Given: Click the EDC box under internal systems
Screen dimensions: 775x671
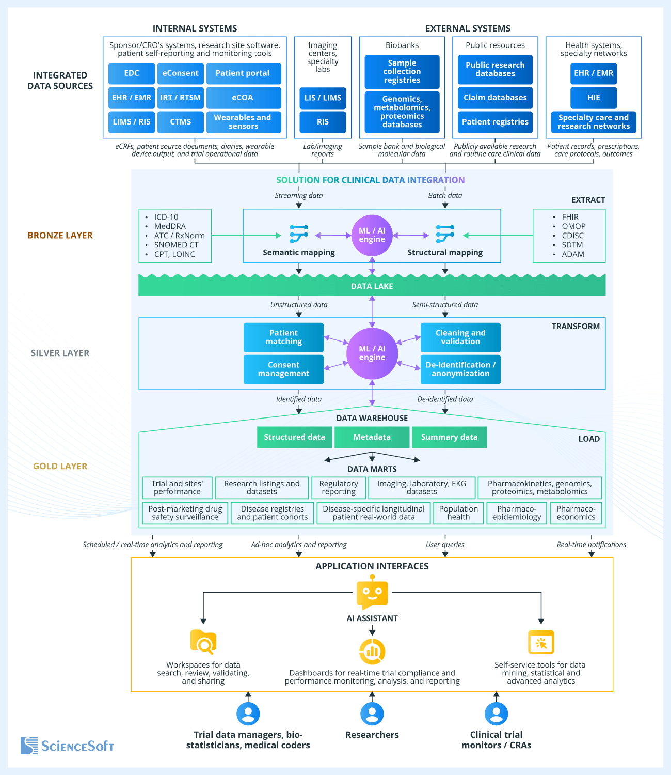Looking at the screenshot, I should [132, 73].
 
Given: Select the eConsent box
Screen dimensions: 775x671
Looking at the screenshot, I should [180, 73].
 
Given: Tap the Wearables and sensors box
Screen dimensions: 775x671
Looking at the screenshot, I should [243, 122].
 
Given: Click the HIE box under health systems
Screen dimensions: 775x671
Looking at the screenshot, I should [594, 98].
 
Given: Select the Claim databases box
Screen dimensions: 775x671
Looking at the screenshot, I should [495, 98].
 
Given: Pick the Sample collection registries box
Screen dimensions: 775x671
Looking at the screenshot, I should [402, 72].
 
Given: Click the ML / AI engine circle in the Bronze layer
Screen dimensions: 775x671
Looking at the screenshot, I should [372, 236].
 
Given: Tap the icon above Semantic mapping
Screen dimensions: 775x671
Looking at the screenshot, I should [299, 234].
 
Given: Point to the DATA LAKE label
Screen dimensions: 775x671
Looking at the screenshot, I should [372, 286].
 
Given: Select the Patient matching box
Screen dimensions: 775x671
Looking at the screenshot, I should [283, 337].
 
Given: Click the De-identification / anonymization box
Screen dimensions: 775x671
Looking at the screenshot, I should [460, 369].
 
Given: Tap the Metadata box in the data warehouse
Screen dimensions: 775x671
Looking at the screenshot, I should [372, 437].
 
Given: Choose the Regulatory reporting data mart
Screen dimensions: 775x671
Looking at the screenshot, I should [339, 488].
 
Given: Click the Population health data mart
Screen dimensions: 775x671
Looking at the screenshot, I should [458, 513].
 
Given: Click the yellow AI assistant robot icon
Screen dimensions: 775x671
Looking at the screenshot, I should [372, 594].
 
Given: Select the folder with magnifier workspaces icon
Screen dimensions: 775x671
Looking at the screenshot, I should [203, 642].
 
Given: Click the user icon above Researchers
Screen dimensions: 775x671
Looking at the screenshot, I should [372, 714].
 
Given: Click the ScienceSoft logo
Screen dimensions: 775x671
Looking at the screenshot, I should [67, 746].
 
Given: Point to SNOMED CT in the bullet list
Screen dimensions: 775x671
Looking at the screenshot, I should [176, 245].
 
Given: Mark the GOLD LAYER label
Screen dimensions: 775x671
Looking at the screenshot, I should [60, 466].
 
